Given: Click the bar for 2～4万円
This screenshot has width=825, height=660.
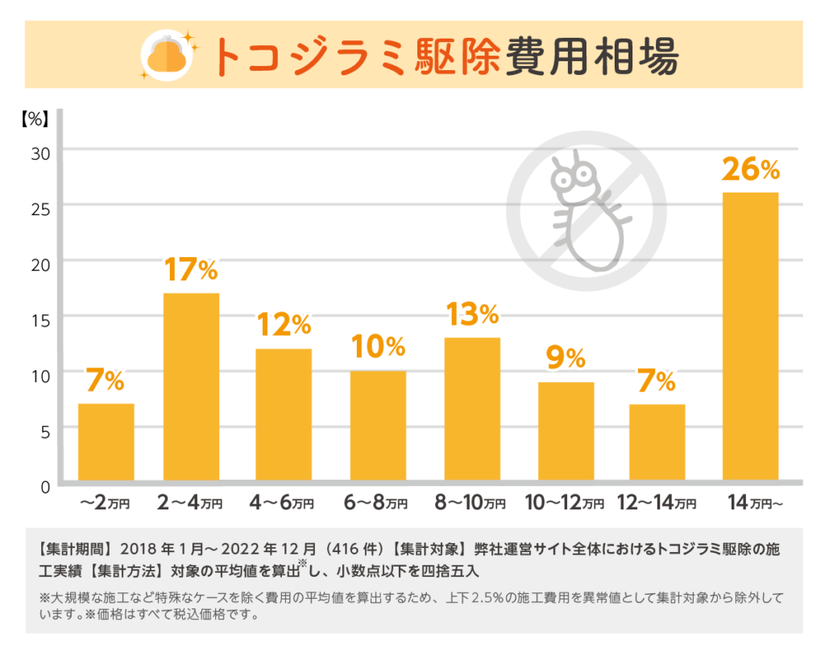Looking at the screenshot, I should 191,387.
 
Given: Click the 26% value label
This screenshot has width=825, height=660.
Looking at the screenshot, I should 750,169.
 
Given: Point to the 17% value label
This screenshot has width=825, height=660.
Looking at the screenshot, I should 191,270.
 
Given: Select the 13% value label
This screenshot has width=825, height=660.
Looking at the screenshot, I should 472,314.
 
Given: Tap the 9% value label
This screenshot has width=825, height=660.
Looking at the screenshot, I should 565,359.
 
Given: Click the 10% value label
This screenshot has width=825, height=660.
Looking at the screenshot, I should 378,347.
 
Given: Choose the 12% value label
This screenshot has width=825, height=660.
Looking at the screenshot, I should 284,325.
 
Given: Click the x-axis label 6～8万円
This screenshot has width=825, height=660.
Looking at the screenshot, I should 377,504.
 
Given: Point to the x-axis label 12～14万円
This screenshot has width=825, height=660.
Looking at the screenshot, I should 657,504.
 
